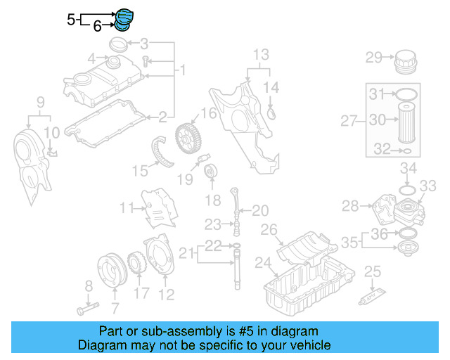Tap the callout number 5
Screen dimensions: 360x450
(71, 20)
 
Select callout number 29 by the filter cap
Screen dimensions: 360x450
(373, 58)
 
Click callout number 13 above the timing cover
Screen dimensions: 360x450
(261, 54)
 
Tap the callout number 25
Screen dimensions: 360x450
(373, 271)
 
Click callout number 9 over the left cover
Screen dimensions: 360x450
(40, 102)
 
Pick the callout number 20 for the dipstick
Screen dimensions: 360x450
(260, 210)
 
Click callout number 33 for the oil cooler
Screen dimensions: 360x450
(428, 186)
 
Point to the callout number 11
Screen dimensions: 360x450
(126, 207)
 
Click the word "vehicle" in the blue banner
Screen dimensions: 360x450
(309, 345)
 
